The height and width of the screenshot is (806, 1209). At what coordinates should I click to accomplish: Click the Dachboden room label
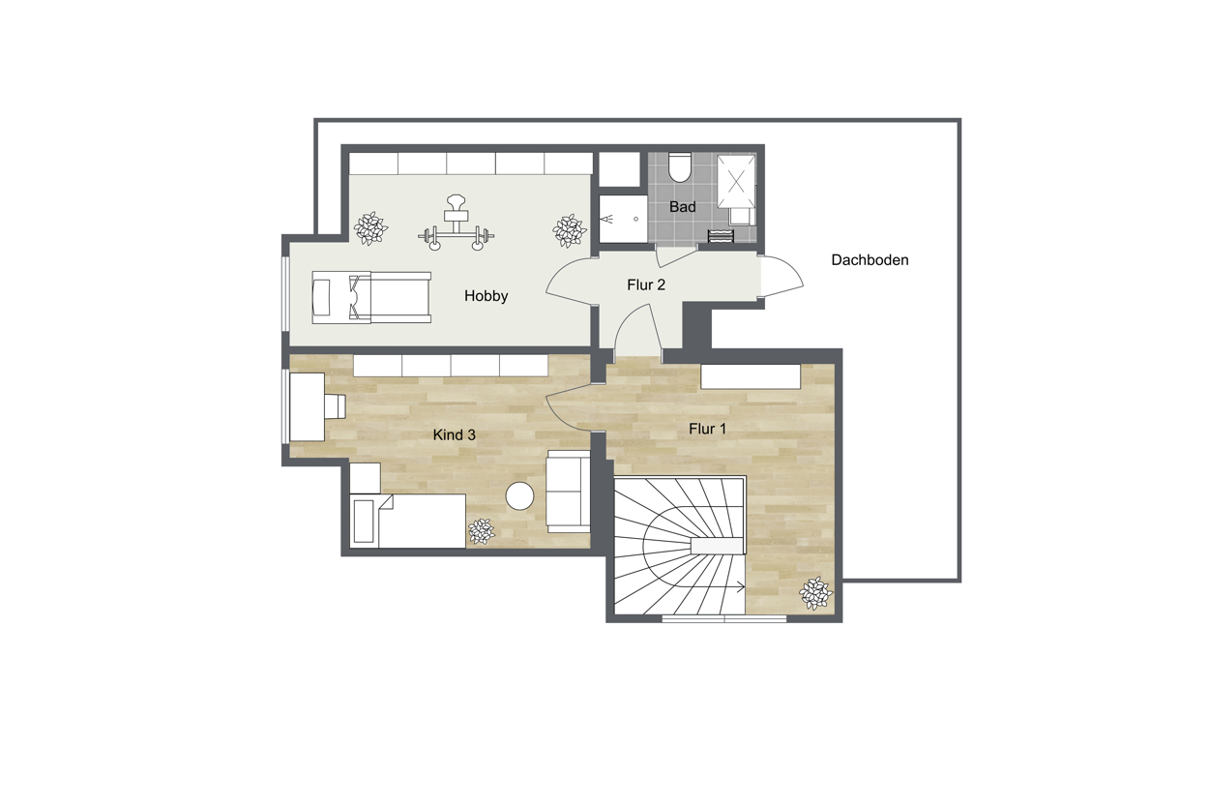[x=870, y=260]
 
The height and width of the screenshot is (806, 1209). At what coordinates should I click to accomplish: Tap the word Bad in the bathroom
[x=682, y=207]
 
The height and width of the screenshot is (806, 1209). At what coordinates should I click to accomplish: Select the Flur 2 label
[x=646, y=285]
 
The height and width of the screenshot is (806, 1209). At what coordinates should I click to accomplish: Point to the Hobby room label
[x=486, y=296]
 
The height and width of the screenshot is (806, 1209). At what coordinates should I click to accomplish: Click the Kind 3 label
[x=454, y=435]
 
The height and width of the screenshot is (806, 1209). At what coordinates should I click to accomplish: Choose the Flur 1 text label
[x=707, y=430]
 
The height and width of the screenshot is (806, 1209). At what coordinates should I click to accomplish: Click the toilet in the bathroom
[x=680, y=166]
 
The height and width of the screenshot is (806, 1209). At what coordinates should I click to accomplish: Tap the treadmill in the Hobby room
[x=371, y=298]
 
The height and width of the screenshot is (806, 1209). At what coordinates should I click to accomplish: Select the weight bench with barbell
[x=457, y=223]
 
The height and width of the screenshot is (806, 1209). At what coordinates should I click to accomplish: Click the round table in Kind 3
[x=519, y=495]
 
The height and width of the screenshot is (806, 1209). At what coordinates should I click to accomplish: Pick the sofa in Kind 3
[x=569, y=492]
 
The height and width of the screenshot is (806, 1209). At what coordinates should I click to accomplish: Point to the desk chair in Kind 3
[x=335, y=406]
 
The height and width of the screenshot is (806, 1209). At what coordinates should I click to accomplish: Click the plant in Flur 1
[x=815, y=593]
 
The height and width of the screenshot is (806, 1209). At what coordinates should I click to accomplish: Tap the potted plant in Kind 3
[x=481, y=532]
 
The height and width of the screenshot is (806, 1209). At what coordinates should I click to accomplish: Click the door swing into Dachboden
[x=781, y=277]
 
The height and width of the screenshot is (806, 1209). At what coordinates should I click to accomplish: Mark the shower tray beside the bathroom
[x=623, y=220]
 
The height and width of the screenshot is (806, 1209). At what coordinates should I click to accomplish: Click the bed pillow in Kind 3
[x=363, y=522]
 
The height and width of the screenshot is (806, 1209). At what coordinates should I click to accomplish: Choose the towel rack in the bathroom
[x=722, y=236]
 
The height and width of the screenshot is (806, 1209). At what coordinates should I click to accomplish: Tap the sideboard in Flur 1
[x=751, y=376]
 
